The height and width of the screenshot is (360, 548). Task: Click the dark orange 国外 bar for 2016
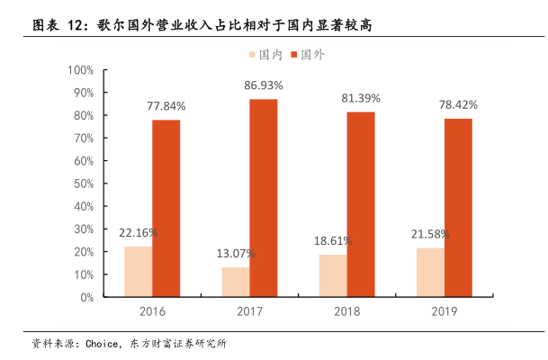click(166, 208)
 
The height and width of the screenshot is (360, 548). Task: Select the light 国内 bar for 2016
click(138, 271)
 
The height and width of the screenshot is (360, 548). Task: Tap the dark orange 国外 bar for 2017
click(263, 197)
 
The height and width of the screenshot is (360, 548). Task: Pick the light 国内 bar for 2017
click(236, 282)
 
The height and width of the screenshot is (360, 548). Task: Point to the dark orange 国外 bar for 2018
click(360, 203)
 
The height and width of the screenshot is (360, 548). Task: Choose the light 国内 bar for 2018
click(333, 275)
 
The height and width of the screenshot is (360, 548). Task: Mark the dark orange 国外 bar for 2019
click(458, 207)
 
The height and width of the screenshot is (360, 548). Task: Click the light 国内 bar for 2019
click(430, 272)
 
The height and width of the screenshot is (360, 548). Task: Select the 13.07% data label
click(236, 253)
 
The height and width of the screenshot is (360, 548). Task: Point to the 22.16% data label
click(139, 232)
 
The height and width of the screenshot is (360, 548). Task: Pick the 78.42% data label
click(458, 105)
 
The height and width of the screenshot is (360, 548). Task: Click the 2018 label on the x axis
click(346, 311)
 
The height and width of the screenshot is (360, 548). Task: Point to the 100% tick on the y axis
click(81, 70)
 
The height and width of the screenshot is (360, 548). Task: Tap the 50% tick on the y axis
click(84, 184)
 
